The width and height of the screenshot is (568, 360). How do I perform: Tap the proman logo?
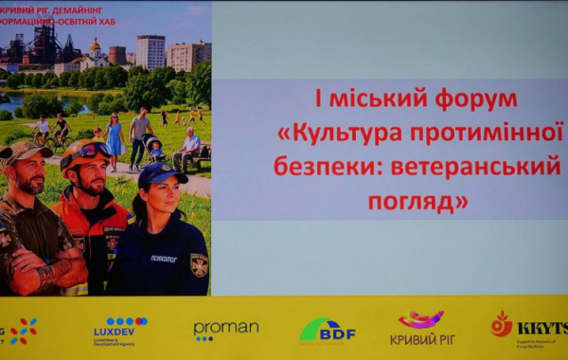pyautogui.click(x=225, y=329)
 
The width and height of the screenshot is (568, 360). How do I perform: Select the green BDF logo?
pyautogui.click(x=327, y=330)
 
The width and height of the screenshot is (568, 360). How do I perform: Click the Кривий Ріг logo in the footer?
pyautogui.click(x=419, y=327)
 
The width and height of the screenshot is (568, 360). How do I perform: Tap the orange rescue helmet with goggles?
pyautogui.click(x=84, y=152)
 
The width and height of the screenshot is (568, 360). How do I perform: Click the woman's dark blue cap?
pyautogui.click(x=161, y=173)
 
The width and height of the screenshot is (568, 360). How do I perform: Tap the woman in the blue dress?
pyautogui.click(x=115, y=136)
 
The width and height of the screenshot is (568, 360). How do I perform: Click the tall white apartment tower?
pyautogui.click(x=151, y=51)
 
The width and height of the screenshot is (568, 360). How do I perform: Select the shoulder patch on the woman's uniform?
pyautogui.click(x=200, y=264)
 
